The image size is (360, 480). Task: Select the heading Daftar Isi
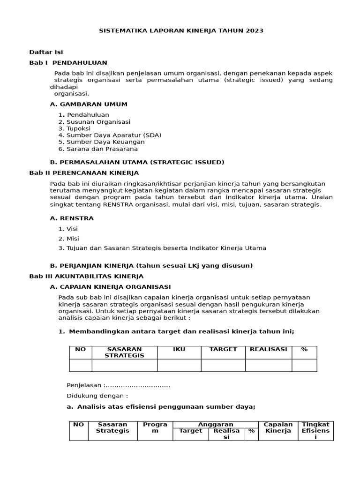click(x=46, y=52)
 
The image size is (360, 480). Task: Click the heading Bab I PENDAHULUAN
click(x=68, y=62)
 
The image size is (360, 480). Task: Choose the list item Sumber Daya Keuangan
click(x=105, y=142)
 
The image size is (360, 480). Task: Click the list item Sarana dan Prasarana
click(x=102, y=149)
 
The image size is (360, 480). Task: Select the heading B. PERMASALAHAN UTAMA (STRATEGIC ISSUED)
click(x=137, y=162)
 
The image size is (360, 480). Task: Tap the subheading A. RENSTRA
click(x=72, y=218)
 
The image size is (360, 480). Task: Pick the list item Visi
click(x=72, y=229)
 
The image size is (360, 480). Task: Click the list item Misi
click(x=73, y=239)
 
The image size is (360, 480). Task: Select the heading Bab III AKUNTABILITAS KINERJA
click(x=86, y=276)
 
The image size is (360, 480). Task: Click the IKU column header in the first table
click(x=179, y=349)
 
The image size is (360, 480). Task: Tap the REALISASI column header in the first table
click(x=268, y=349)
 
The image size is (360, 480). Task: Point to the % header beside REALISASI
click(x=304, y=349)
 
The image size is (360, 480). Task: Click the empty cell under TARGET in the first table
click(x=223, y=365)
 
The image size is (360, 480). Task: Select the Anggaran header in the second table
click(x=216, y=424)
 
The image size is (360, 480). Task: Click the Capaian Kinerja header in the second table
click(x=278, y=427)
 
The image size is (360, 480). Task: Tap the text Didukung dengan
click(x=97, y=395)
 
